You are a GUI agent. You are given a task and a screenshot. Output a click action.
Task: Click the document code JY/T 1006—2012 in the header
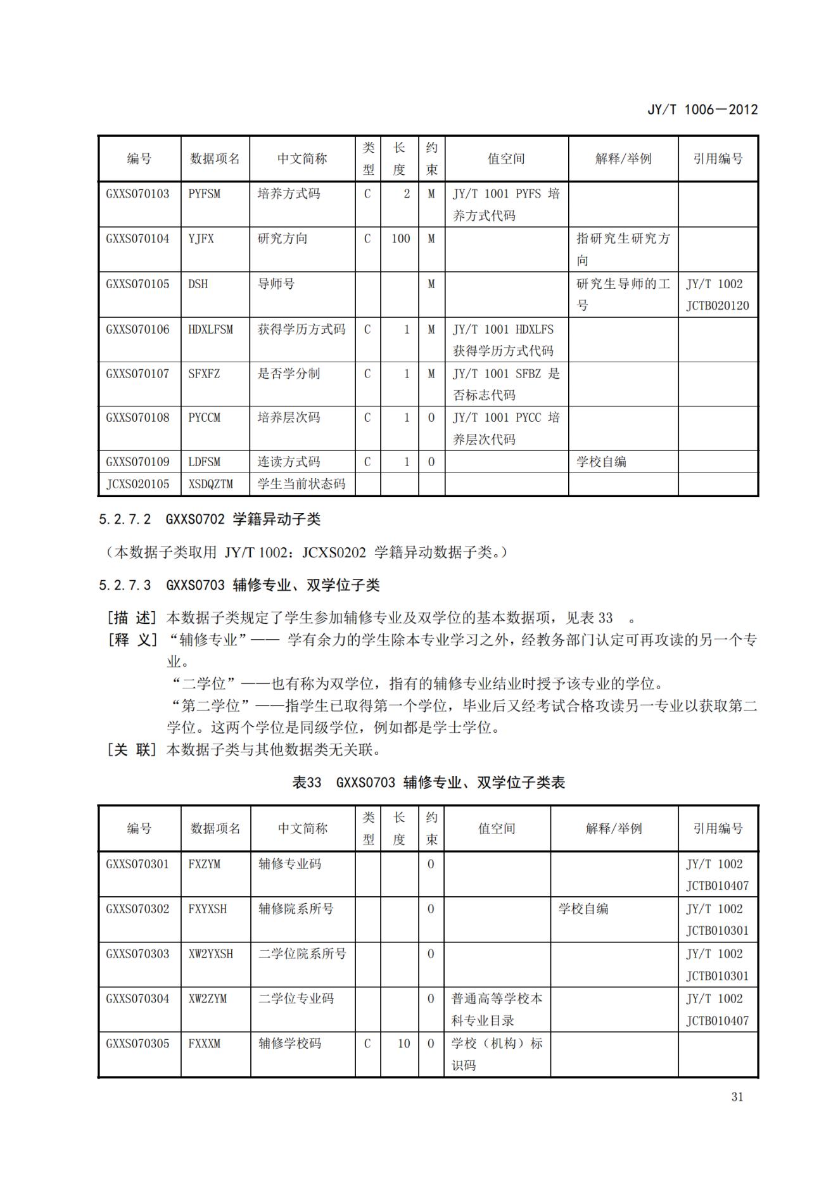pyautogui.click(x=702, y=110)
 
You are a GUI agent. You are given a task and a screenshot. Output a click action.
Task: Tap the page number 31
pyautogui.click(x=737, y=1097)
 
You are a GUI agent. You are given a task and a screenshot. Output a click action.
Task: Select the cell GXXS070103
pyautogui.click(x=137, y=194)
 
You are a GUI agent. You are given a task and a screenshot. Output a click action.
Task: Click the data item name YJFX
pyautogui.click(x=201, y=239)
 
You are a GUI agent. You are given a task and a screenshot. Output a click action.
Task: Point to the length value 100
pyautogui.click(x=400, y=239)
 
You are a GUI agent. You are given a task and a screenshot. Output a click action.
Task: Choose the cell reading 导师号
pyautogui.click(x=276, y=284)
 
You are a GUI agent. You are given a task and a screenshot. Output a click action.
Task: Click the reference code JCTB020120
pyautogui.click(x=717, y=306)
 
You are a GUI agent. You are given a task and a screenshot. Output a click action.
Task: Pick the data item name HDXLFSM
pyautogui.click(x=210, y=329)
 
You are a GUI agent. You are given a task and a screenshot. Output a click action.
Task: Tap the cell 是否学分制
pyautogui.click(x=289, y=374)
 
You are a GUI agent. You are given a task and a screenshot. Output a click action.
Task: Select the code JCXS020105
pyautogui.click(x=137, y=485)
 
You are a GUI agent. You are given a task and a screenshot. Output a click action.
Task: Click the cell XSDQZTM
pyautogui.click(x=210, y=485)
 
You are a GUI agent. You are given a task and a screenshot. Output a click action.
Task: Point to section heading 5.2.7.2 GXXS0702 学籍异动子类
pyautogui.click(x=210, y=520)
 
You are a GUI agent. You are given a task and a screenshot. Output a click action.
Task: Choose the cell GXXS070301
pyautogui.click(x=137, y=864)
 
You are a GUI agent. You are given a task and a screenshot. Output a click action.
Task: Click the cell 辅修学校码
pyautogui.click(x=289, y=1043)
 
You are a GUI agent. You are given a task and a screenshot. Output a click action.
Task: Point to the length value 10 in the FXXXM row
pyautogui.click(x=404, y=1043)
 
